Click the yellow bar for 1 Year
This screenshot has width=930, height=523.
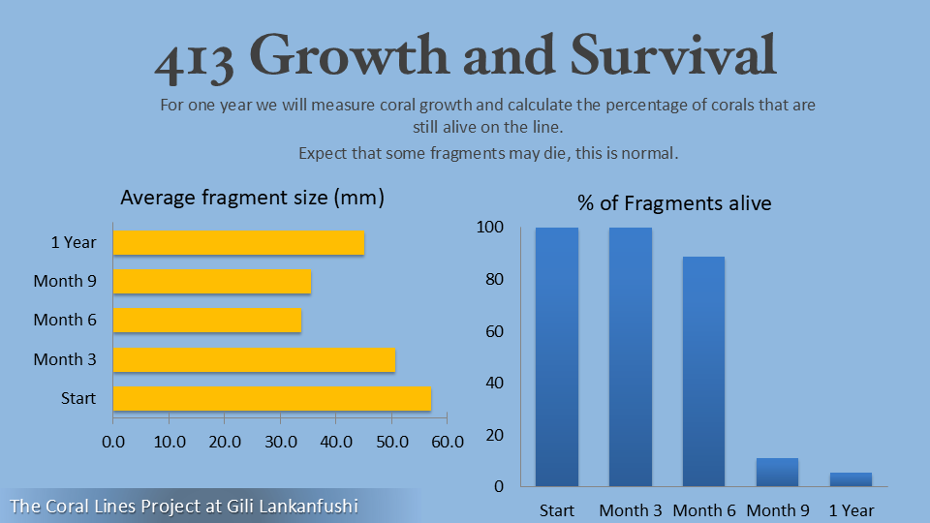point(238,242)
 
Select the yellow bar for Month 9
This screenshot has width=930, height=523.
point(212,281)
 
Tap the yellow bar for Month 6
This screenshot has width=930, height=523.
point(207,320)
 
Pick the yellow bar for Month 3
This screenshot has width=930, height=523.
point(254,359)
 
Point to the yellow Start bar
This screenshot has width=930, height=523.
point(272,398)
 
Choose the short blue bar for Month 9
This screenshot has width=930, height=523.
point(777,472)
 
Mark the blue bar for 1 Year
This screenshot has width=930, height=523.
point(851,478)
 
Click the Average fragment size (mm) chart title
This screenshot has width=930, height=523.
point(253,198)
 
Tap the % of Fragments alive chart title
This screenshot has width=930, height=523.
point(674,203)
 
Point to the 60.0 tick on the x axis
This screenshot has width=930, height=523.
point(447,442)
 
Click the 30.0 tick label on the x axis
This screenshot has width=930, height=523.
point(280,442)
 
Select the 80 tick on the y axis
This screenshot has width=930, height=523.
point(493,280)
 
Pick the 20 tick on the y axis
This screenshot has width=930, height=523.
point(493,435)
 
